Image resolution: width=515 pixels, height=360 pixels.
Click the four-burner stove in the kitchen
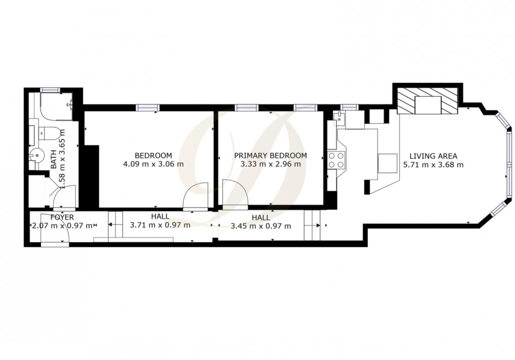336,159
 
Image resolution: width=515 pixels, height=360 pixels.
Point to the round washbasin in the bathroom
36,155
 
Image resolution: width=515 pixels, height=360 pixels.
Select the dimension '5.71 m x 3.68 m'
433,164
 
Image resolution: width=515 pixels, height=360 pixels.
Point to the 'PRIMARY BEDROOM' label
271,156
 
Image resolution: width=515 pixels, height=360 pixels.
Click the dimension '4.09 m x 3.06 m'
153,164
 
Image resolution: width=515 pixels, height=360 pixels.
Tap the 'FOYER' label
62,217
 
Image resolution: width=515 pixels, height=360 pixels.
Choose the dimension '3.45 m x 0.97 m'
261,227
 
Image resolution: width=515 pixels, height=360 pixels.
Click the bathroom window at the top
51,90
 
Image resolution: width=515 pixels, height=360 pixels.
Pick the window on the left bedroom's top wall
147,108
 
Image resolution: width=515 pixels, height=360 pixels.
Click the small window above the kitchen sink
349,107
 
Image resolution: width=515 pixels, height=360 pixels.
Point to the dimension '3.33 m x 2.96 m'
271,164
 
